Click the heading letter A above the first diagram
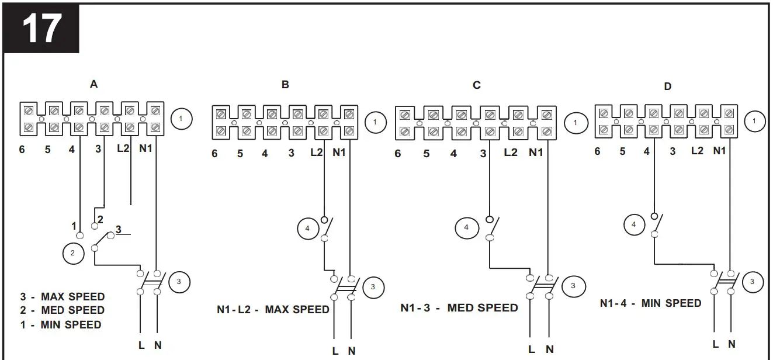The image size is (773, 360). (x=93, y=84)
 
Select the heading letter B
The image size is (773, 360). (x=285, y=85)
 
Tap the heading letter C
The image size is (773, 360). (x=477, y=85)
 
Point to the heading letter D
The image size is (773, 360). (x=668, y=86)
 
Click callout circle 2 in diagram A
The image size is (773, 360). (x=72, y=253)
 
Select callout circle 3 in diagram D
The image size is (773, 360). (x=753, y=282)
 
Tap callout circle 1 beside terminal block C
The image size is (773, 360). (x=576, y=123)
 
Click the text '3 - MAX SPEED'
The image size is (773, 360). (x=63, y=296)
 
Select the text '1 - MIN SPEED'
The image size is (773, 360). (x=61, y=324)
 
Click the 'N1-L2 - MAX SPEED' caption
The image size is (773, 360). (x=273, y=309)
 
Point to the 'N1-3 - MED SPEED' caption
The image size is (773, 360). (x=459, y=307)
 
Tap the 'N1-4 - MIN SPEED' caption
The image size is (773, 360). (x=650, y=303)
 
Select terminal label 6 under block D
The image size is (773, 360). (x=597, y=151)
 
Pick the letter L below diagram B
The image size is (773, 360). (x=335, y=351)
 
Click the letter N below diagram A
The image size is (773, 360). (x=158, y=345)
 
